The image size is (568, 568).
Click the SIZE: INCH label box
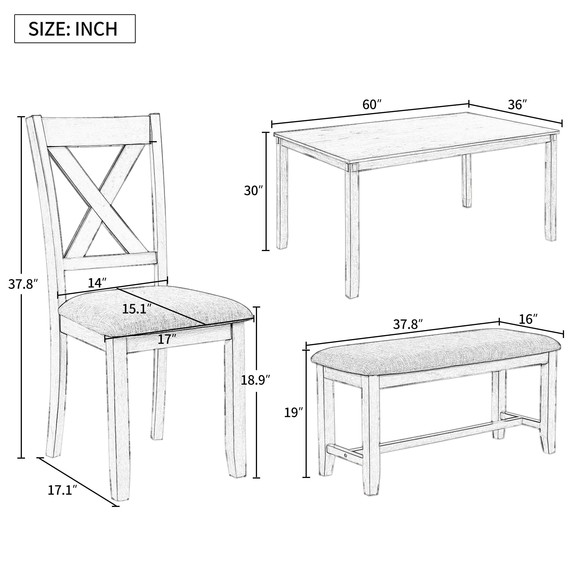(75, 29)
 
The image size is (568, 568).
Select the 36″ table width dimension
(517, 105)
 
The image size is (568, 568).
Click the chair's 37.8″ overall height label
(23, 284)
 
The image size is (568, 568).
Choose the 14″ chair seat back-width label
(97, 283)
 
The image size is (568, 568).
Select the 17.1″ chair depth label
(62, 490)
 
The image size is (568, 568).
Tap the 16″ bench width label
(528, 319)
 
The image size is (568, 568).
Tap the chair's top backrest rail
(95, 131)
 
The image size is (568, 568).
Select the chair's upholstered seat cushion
(153, 312)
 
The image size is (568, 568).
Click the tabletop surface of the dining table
(412, 138)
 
